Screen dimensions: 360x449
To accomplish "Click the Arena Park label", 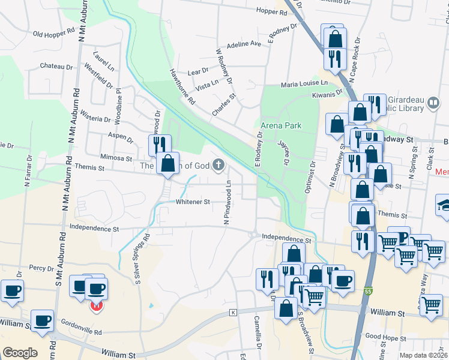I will click(281, 125).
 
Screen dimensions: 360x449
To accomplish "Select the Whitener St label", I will click(193, 202).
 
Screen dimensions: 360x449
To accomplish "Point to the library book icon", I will click(433, 104).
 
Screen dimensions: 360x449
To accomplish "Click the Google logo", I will click(20, 353).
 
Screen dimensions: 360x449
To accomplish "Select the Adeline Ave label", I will click(244, 44).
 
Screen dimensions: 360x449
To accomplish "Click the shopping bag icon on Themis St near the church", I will click(168, 163).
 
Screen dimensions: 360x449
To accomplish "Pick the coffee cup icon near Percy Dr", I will click(12, 291).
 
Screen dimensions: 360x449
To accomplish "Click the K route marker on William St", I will click(233, 313).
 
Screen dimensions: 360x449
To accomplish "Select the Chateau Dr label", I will click(56, 66).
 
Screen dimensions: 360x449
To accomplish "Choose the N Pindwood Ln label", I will click(228, 204).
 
